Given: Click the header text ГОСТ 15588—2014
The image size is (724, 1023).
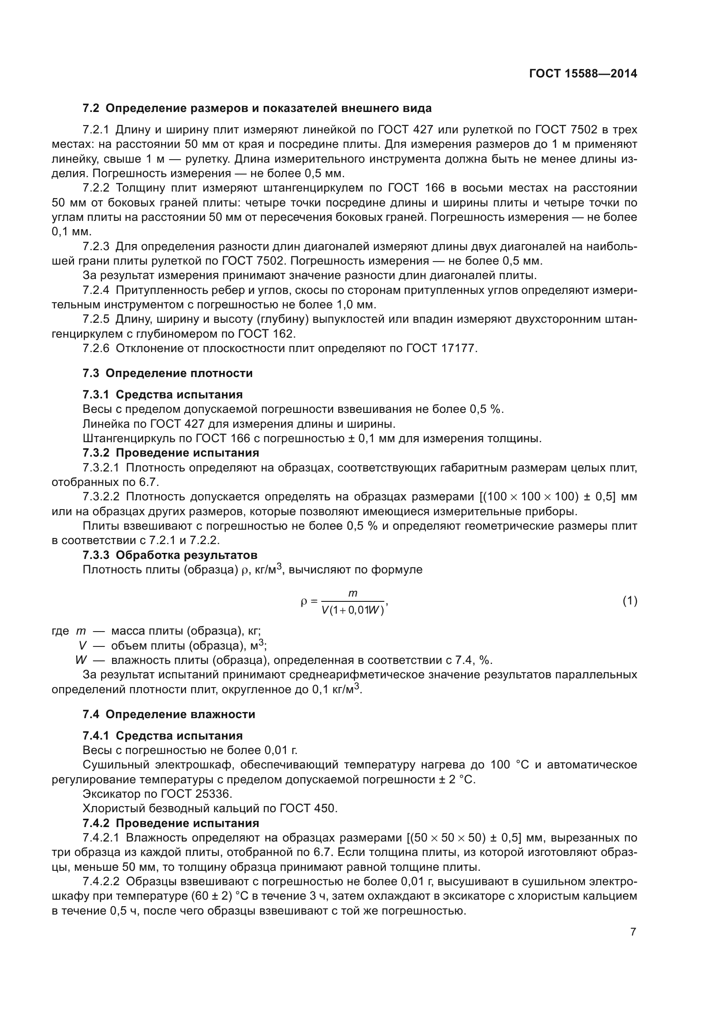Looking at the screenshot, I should tap(583, 74).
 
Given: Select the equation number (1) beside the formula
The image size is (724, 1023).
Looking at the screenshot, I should tap(629, 601).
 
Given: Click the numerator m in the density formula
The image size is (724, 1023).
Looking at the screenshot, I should tap(353, 593).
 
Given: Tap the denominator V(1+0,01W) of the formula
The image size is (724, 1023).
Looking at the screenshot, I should tap(353, 611).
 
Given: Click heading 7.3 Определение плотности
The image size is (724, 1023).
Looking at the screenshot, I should tap(167, 373).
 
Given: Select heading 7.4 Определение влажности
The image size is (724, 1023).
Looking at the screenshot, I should tap(169, 714).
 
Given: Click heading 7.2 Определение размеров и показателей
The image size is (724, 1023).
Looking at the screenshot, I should tap(257, 108).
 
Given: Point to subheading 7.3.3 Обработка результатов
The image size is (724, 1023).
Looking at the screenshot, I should tap(170, 555).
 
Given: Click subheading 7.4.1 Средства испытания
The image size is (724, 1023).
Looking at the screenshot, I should tap(162, 736).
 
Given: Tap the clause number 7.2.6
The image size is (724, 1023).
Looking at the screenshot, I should tap(96, 349).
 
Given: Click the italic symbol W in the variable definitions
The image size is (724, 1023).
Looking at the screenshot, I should tap(81, 660).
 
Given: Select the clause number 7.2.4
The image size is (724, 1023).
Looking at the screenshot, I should tap(96, 290).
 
